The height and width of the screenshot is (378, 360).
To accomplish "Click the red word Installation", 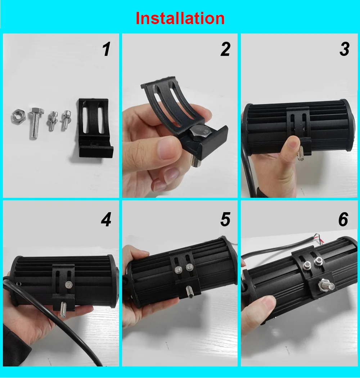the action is tap(180, 18).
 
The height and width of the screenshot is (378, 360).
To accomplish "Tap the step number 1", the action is tap(107, 49).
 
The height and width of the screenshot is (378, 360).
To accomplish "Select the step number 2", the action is tap(225, 49).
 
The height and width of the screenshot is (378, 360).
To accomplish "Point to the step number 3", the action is tap(344, 49).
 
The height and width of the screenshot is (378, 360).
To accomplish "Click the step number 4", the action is tap(106, 219).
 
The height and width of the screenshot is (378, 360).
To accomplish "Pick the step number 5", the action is tap(225, 219).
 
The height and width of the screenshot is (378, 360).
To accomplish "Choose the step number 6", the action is tap(343, 219).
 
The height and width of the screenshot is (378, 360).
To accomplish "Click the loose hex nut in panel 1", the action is tap(18, 117).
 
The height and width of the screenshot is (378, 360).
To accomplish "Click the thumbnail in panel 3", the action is tap(292, 144).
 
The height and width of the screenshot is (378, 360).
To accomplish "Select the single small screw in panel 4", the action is tap(68, 285).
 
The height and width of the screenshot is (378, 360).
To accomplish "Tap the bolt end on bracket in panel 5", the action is tap(189, 291).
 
